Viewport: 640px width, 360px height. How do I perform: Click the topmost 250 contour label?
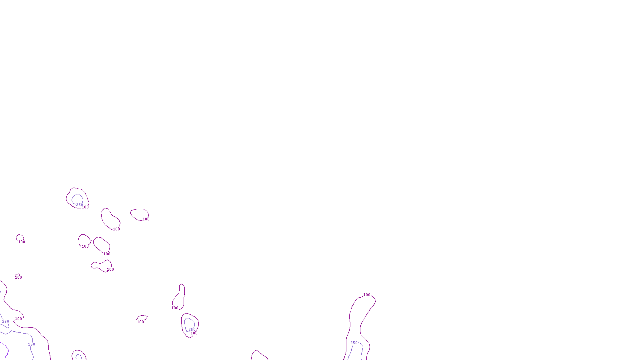click(x=80, y=205)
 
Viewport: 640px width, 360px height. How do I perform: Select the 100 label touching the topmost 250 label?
click(x=85, y=207)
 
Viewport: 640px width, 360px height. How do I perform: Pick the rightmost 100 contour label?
click(x=367, y=295)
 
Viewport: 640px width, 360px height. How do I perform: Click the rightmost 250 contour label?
click(x=354, y=343)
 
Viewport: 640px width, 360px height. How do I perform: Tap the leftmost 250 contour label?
click(x=6, y=322)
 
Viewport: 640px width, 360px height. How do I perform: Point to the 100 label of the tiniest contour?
click(x=18, y=278)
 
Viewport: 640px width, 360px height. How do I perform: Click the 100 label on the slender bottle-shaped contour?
click(x=175, y=308)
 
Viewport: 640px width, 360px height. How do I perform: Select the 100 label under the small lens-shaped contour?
click(x=140, y=322)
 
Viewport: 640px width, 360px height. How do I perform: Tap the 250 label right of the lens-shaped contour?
click(x=192, y=330)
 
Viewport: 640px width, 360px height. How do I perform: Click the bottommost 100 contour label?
click(x=194, y=333)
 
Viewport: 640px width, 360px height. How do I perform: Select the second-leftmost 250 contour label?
click(x=32, y=344)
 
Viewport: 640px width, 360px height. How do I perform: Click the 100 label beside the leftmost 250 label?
click(x=18, y=319)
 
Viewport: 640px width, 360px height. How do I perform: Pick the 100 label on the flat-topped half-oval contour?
click(x=146, y=219)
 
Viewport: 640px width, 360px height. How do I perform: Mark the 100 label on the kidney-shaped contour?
click(x=116, y=229)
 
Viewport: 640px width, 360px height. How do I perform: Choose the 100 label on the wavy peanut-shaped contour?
click(x=110, y=270)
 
